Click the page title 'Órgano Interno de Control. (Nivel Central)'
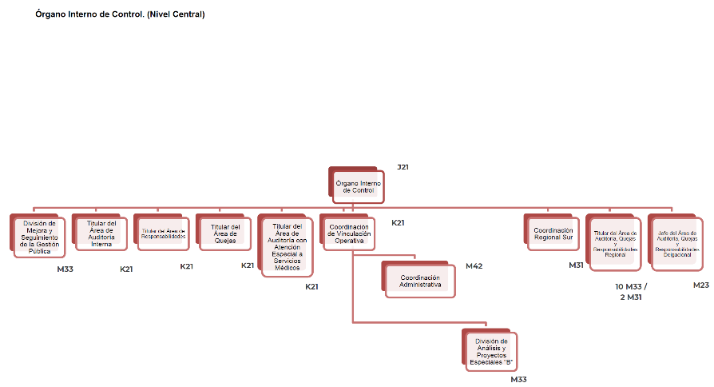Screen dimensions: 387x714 click(x=120, y=14)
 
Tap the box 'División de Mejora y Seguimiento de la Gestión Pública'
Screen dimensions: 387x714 click(x=39, y=237)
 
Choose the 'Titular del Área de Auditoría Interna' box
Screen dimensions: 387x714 click(x=101, y=233)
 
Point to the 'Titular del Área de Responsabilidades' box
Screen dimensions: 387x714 click(x=163, y=233)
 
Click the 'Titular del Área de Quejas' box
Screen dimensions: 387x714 click(x=224, y=233)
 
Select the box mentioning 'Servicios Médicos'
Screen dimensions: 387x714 click(x=288, y=247)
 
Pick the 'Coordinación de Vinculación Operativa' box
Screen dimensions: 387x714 click(x=348, y=233)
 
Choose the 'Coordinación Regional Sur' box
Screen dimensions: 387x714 click(x=553, y=233)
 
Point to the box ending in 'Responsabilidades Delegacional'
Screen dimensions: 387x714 click(x=677, y=244)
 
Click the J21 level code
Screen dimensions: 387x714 click(x=403, y=167)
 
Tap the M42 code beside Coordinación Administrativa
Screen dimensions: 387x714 click(x=474, y=265)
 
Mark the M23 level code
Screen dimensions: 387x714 click(x=701, y=285)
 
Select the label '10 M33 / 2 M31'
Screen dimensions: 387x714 click(x=631, y=291)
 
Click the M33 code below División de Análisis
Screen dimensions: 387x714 click(x=518, y=379)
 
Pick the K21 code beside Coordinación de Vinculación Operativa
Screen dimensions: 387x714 click(x=398, y=222)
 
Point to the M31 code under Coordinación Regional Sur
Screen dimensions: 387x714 click(x=576, y=265)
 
